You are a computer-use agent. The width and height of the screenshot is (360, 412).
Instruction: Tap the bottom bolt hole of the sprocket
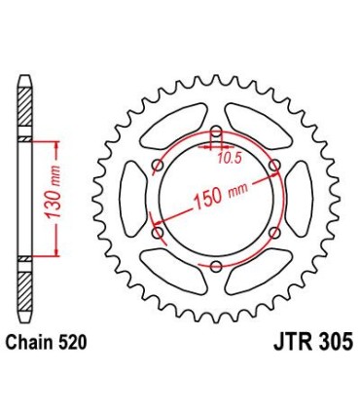pyautogui.click(x=216, y=264)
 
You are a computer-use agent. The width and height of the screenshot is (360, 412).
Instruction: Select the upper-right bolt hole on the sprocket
pyautogui.click(x=273, y=165)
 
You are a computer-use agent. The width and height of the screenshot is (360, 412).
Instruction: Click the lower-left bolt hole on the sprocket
pyautogui.click(x=159, y=232)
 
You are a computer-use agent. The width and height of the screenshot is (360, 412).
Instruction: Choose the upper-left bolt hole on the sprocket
pyautogui.click(x=159, y=165)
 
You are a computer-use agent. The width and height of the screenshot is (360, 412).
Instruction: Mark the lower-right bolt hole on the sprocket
pyautogui.click(x=273, y=232)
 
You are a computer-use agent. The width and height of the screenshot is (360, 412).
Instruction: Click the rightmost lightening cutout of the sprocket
pyautogui.click(x=299, y=198)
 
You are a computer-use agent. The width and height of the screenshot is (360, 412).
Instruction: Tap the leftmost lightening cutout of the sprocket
pyautogui.click(x=133, y=198)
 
